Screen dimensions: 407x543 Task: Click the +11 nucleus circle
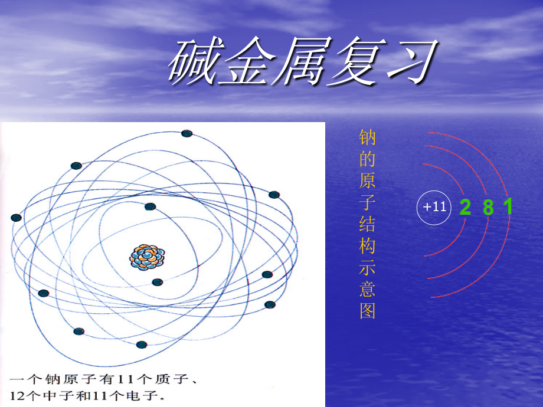[x=434, y=208]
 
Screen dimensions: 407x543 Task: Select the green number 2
[x=465, y=208]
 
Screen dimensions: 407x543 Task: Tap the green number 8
[x=488, y=208]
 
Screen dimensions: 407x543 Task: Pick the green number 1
[x=508, y=208]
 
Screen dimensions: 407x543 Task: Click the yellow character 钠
[x=368, y=138]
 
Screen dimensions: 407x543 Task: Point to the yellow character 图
[x=368, y=311]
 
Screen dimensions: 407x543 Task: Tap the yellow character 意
[x=368, y=289]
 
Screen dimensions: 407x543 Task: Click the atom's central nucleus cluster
[x=148, y=257]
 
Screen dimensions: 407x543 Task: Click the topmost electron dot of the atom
[x=187, y=133]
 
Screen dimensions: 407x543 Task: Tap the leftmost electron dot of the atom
[x=16, y=218]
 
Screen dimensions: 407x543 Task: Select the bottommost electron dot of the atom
[x=141, y=344]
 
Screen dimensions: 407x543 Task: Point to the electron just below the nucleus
[x=157, y=282]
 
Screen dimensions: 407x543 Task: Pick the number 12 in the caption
[x=18, y=393]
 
